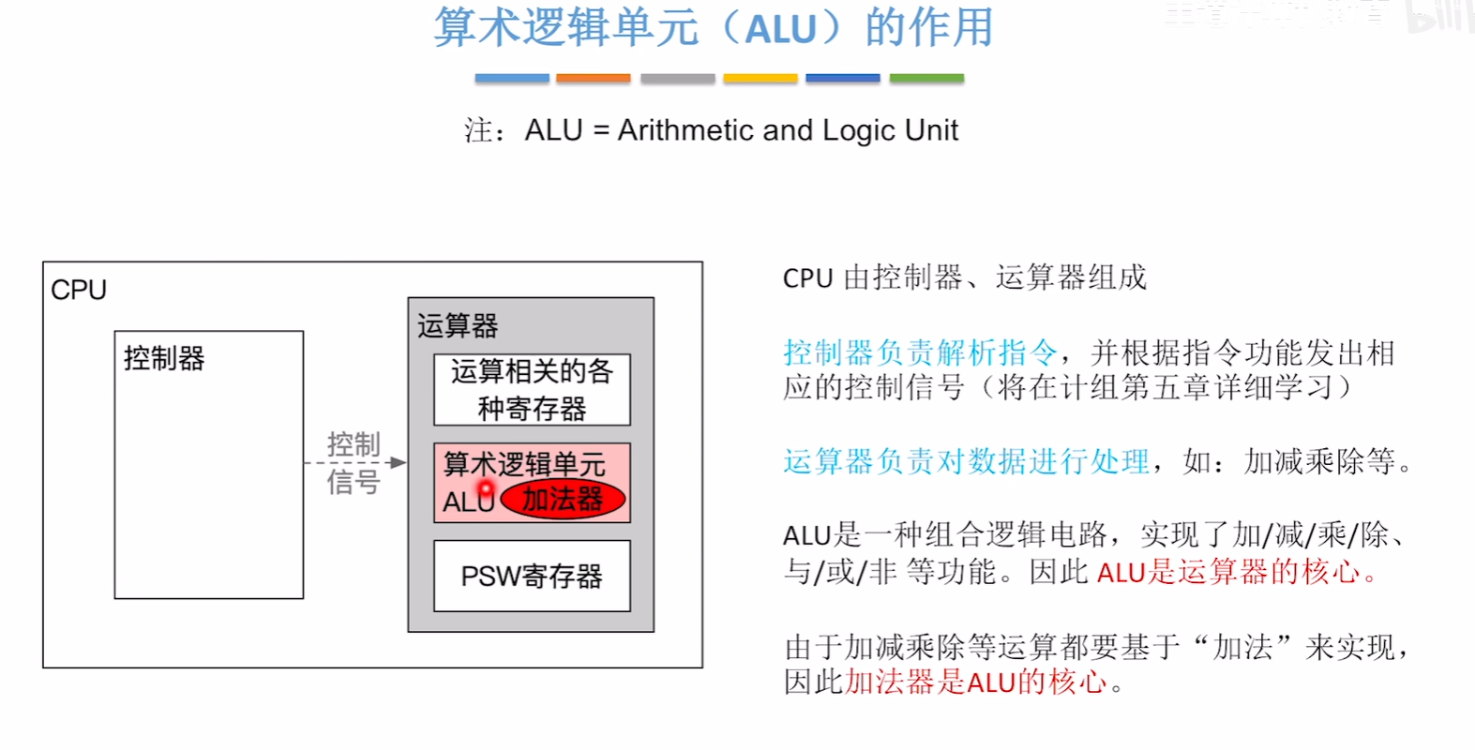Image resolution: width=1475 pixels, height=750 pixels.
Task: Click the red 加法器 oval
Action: click(563, 499)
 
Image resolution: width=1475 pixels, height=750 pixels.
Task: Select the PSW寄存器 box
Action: click(532, 576)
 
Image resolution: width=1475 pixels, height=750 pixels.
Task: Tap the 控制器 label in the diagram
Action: click(164, 358)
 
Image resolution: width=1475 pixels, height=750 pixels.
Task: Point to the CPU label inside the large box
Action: click(79, 290)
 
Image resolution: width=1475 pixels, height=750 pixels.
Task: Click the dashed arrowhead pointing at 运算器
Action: click(399, 462)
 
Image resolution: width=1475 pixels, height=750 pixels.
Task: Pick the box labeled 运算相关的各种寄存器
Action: click(532, 390)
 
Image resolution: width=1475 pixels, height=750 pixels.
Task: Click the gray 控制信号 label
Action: click(354, 462)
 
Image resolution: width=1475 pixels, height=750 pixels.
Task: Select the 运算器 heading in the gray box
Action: click(458, 325)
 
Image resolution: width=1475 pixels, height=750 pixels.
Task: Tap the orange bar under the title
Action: click(593, 79)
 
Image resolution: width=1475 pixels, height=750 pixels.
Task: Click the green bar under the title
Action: click(926, 79)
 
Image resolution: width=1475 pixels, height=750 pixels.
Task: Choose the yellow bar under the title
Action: click(760, 79)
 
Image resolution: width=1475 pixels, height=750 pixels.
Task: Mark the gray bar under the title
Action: click(677, 79)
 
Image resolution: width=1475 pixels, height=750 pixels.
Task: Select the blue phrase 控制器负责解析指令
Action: click(920, 352)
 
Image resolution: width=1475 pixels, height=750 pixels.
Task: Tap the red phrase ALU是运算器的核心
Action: click(1228, 571)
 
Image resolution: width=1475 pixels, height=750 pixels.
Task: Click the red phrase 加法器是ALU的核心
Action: click(976, 682)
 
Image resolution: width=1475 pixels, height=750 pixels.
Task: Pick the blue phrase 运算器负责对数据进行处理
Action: click(966, 461)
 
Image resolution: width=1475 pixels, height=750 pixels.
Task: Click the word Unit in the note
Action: click(931, 130)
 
